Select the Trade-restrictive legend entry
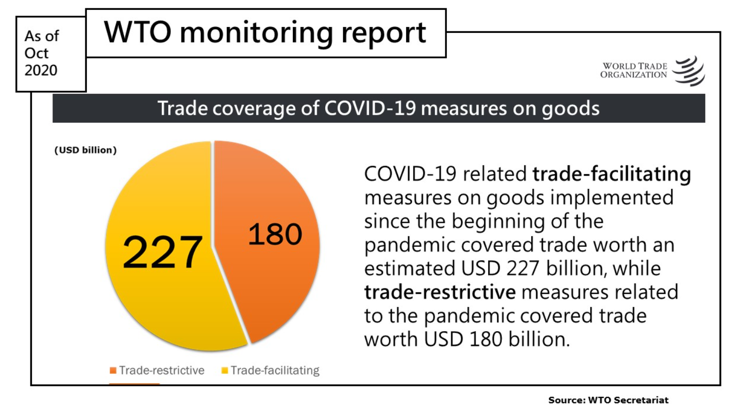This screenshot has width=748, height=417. tap(157, 370)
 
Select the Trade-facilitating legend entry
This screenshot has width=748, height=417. tap(270, 370)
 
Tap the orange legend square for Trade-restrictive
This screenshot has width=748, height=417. tap(113, 370)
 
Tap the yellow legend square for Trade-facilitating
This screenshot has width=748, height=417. tap(225, 370)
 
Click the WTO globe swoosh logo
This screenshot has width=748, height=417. tap(689, 71)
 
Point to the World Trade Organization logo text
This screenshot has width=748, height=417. tap(633, 71)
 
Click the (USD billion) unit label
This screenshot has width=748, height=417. tap(85, 150)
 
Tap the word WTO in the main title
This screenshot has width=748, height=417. tap(137, 32)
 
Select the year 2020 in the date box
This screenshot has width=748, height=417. tap(41, 71)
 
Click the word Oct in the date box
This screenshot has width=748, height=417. tap(36, 53)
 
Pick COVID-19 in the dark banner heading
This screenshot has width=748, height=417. tap(370, 108)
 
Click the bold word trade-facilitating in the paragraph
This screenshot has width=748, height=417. tap(612, 174)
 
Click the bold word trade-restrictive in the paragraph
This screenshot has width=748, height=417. tap(440, 292)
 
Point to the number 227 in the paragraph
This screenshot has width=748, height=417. tap(522, 268)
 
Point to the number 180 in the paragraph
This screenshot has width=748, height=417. tap(486, 339)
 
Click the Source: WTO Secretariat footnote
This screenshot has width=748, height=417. tap(608, 400)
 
